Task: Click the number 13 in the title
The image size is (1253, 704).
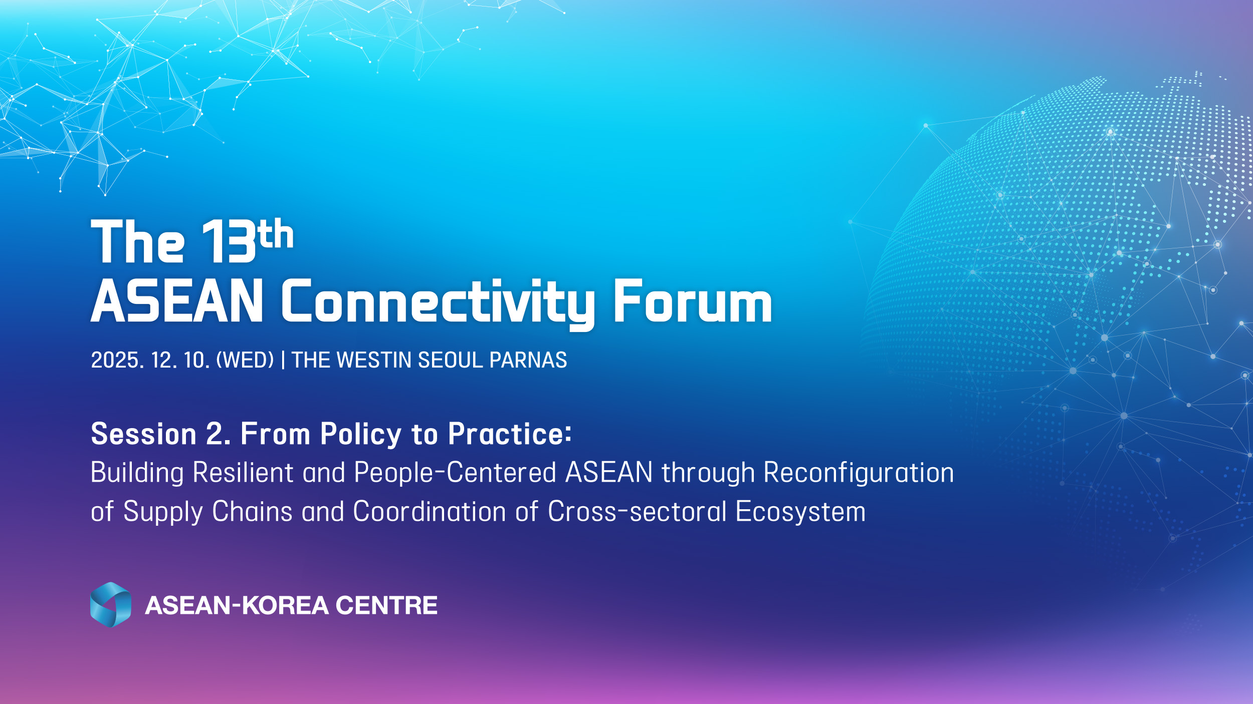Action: [230, 242]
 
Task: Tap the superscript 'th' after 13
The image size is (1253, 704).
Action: [276, 233]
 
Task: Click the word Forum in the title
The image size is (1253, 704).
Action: [693, 300]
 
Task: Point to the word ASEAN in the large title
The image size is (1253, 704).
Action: [177, 300]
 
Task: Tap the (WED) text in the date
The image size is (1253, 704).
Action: [245, 360]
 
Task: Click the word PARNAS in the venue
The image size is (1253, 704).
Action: [528, 360]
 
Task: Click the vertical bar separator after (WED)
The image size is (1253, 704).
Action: [283, 360]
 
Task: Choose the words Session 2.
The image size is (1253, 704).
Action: [161, 434]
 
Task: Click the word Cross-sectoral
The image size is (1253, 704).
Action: [637, 512]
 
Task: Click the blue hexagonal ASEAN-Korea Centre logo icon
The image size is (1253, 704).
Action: [111, 605]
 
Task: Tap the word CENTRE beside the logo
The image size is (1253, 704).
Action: [386, 605]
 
